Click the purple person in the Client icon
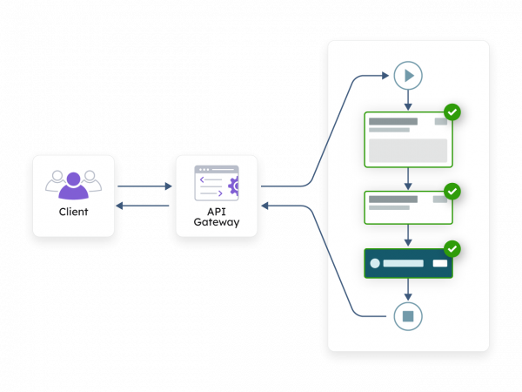[73, 186]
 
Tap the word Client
[73, 212]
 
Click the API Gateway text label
[216, 217]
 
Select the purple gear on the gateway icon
[233, 185]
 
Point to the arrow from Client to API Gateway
[144, 186]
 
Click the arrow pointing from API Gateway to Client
[144, 206]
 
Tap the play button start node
[407, 76]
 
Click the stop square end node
[407, 315]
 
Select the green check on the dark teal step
[452, 249]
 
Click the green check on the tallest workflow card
[452, 112]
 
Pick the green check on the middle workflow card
[452, 191]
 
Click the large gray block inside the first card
[407, 150]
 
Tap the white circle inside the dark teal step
[375, 263]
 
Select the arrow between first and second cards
[407, 179]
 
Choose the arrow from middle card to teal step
[407, 236]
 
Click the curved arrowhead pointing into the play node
[385, 76]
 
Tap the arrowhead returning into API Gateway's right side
[266, 206]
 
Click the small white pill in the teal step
[440, 263]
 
